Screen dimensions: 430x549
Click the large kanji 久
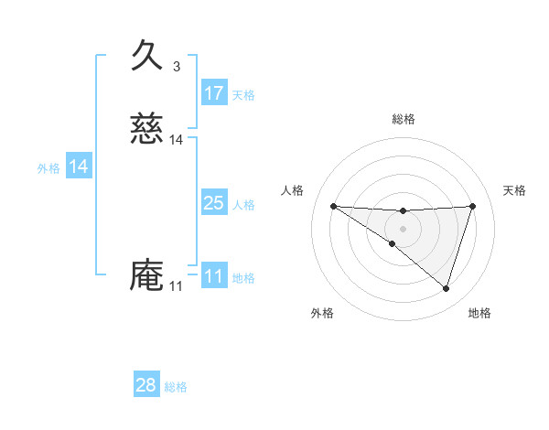(147, 55)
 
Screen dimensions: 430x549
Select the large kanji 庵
(147, 275)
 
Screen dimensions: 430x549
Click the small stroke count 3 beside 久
(177, 66)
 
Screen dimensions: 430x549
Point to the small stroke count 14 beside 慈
(177, 140)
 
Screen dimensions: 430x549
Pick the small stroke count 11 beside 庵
(176, 286)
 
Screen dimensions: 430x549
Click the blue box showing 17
(214, 93)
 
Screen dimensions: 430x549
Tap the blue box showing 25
(214, 203)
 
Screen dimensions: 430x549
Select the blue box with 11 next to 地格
(214, 276)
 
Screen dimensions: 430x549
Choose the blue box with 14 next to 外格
(79, 167)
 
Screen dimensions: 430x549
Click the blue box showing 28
(146, 385)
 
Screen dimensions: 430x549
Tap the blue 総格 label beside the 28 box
(176, 387)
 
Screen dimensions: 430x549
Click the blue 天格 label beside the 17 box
(243, 94)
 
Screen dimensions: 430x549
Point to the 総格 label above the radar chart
(403, 119)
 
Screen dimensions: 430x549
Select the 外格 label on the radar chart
(322, 313)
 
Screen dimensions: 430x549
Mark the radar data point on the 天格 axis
(473, 206)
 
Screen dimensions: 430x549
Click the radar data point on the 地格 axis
(447, 288)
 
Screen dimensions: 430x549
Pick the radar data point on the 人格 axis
(333, 206)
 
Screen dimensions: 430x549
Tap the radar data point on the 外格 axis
(393, 243)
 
